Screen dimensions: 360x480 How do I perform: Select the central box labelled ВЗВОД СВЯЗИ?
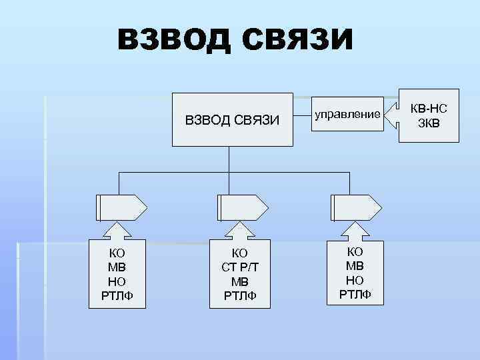pyautogui.click(x=233, y=119)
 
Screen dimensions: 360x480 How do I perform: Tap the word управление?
pyautogui.click(x=347, y=114)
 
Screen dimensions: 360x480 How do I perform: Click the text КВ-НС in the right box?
pyautogui.click(x=429, y=108)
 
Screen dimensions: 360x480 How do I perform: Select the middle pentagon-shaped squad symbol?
pyautogui.click(x=240, y=207)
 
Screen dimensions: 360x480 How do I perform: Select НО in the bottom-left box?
pyautogui.click(x=117, y=282)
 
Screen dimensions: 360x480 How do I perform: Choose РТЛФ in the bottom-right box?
pyautogui.click(x=355, y=294)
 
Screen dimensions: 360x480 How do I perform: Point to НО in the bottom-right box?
pyautogui.click(x=355, y=280)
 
